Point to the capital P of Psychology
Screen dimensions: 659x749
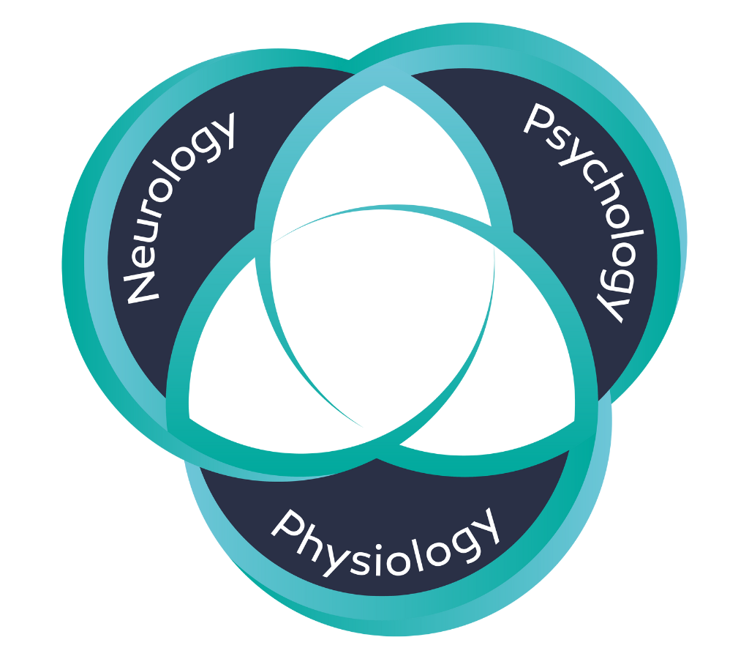tap(538, 120)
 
